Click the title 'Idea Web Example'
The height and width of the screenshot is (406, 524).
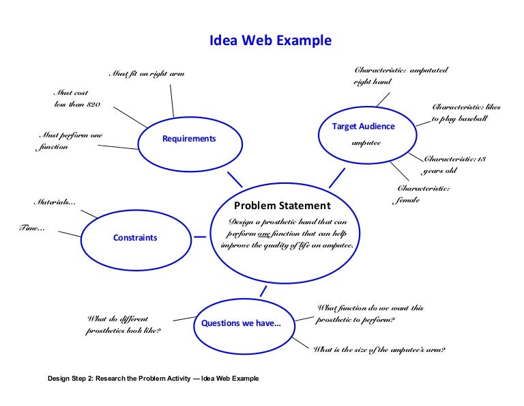tap(271, 41)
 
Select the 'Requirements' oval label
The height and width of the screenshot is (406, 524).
tap(189, 139)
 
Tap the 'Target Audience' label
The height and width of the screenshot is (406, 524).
tap(363, 126)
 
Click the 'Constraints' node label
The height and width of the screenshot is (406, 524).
tap(135, 238)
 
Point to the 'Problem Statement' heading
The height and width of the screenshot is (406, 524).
tap(282, 206)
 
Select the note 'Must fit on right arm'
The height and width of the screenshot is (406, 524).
tap(147, 74)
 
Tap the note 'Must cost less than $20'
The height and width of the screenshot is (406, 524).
tap(76, 98)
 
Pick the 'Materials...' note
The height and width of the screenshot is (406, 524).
tap(55, 202)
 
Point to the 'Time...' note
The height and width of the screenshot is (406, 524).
tap(32, 228)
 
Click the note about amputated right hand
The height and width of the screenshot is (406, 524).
tap(401, 76)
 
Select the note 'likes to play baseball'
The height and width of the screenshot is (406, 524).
tap(466, 113)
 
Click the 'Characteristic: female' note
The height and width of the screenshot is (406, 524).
tap(423, 194)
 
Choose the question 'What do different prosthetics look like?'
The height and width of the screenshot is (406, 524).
tap(123, 325)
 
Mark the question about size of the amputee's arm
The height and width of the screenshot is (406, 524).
tap(379, 350)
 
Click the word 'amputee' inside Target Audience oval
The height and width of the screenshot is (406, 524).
tap(366, 143)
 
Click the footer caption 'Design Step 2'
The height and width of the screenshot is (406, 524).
tap(153, 379)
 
